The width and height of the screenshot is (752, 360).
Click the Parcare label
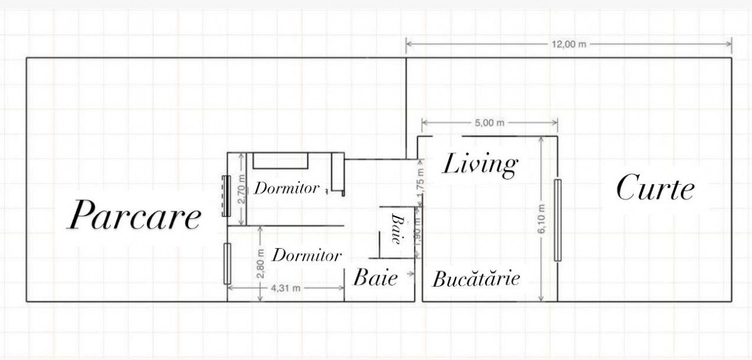point(134,216)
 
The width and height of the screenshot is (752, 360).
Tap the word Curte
point(655,189)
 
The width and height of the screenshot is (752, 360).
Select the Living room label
point(480,165)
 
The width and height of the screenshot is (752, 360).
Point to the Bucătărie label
point(477,279)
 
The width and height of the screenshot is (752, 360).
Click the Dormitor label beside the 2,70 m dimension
point(287,188)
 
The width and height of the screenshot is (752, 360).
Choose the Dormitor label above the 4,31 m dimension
point(307,256)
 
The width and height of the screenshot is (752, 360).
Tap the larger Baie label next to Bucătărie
point(375,277)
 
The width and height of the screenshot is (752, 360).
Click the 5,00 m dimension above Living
point(490,123)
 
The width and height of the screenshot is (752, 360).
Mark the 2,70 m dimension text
point(241,189)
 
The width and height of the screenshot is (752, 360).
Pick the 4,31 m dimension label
point(285,288)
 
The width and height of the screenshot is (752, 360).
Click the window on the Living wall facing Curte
point(557,220)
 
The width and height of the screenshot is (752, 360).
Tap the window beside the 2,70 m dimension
point(226,196)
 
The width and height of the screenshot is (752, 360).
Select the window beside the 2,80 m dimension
point(227,263)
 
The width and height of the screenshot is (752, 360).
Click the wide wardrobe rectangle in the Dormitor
point(281,160)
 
